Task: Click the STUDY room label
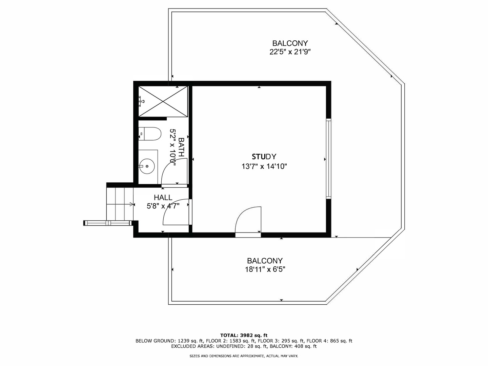[x=264, y=157]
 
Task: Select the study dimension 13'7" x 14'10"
[x=264, y=166]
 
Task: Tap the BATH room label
[x=181, y=147]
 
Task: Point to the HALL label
[x=163, y=197]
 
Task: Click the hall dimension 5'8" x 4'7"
[x=163, y=206]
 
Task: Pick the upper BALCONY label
[x=290, y=43]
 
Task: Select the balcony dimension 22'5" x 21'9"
[x=290, y=52]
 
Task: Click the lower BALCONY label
[x=265, y=261]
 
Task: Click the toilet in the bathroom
[x=150, y=134]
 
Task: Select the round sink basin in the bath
[x=147, y=166]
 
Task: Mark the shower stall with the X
[x=163, y=101]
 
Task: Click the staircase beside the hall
[x=120, y=203]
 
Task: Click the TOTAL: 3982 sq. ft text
[x=244, y=335]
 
